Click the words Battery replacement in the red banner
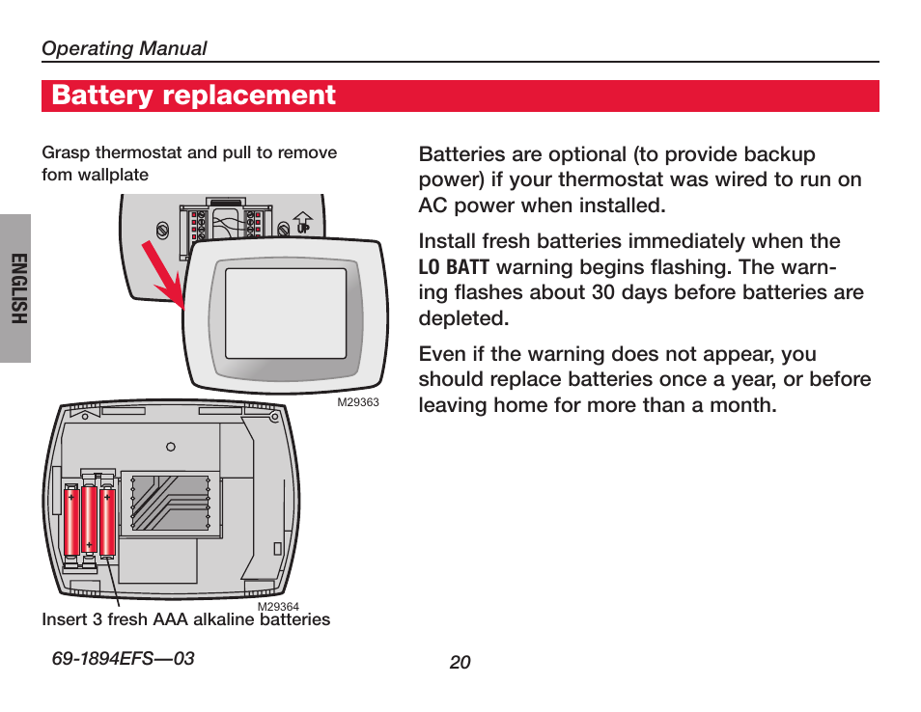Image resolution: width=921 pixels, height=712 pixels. pyautogui.click(x=194, y=96)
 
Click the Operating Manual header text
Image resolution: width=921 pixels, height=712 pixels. pyautogui.click(x=124, y=48)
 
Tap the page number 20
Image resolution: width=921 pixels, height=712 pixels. pyautogui.click(x=460, y=662)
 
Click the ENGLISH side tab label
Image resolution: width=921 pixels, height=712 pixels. pyautogui.click(x=16, y=288)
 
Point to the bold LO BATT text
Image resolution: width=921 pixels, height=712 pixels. pyautogui.click(x=454, y=267)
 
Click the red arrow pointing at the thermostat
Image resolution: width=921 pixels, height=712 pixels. pyautogui.click(x=164, y=274)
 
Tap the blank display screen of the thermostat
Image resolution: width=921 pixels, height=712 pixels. pyautogui.click(x=285, y=313)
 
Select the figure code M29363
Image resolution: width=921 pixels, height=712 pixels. pyautogui.click(x=357, y=403)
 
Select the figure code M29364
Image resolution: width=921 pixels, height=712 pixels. pyautogui.click(x=278, y=607)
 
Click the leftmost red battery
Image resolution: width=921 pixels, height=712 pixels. pyautogui.click(x=71, y=521)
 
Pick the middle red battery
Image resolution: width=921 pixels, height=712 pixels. pyautogui.click(x=89, y=521)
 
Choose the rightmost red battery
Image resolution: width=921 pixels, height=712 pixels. pyautogui.click(x=106, y=521)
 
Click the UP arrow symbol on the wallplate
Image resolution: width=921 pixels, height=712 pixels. pyautogui.click(x=302, y=224)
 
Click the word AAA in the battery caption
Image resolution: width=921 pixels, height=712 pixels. pyautogui.click(x=173, y=619)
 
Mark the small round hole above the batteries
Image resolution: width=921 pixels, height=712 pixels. pyautogui.click(x=170, y=447)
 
